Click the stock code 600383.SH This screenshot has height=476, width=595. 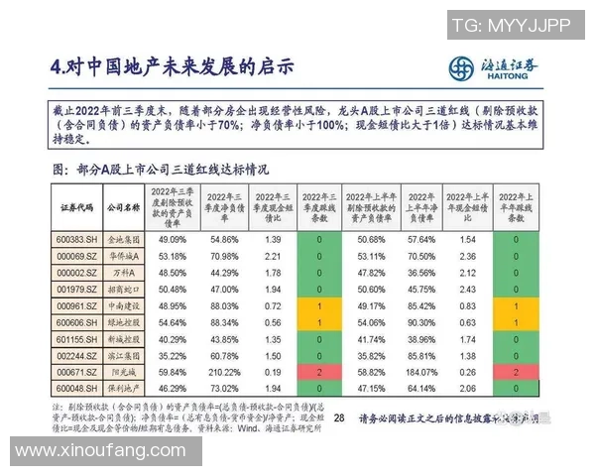pos(76,240)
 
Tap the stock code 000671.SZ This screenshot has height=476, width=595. pos(76,370)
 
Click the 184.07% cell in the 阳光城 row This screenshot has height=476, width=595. pos(422,370)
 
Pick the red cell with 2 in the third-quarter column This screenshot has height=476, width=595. pos(319,370)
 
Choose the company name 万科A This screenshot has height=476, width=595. pos(123,273)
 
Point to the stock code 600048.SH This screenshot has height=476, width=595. pos(76,387)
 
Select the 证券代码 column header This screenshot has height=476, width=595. pos(76,206)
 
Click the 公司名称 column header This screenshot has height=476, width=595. pos(123,206)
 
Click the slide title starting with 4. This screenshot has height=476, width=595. pos(173,67)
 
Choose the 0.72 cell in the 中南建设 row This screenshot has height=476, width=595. pos(273,305)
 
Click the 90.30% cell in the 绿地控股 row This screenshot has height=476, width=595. pos(422,321)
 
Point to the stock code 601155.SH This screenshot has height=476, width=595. pos(76,338)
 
